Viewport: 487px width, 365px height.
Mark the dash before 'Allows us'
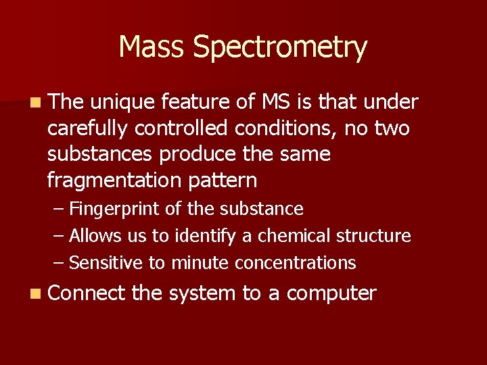pos(59,236)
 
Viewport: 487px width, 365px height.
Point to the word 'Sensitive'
pos(106,263)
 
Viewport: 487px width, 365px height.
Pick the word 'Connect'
pos(87,293)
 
